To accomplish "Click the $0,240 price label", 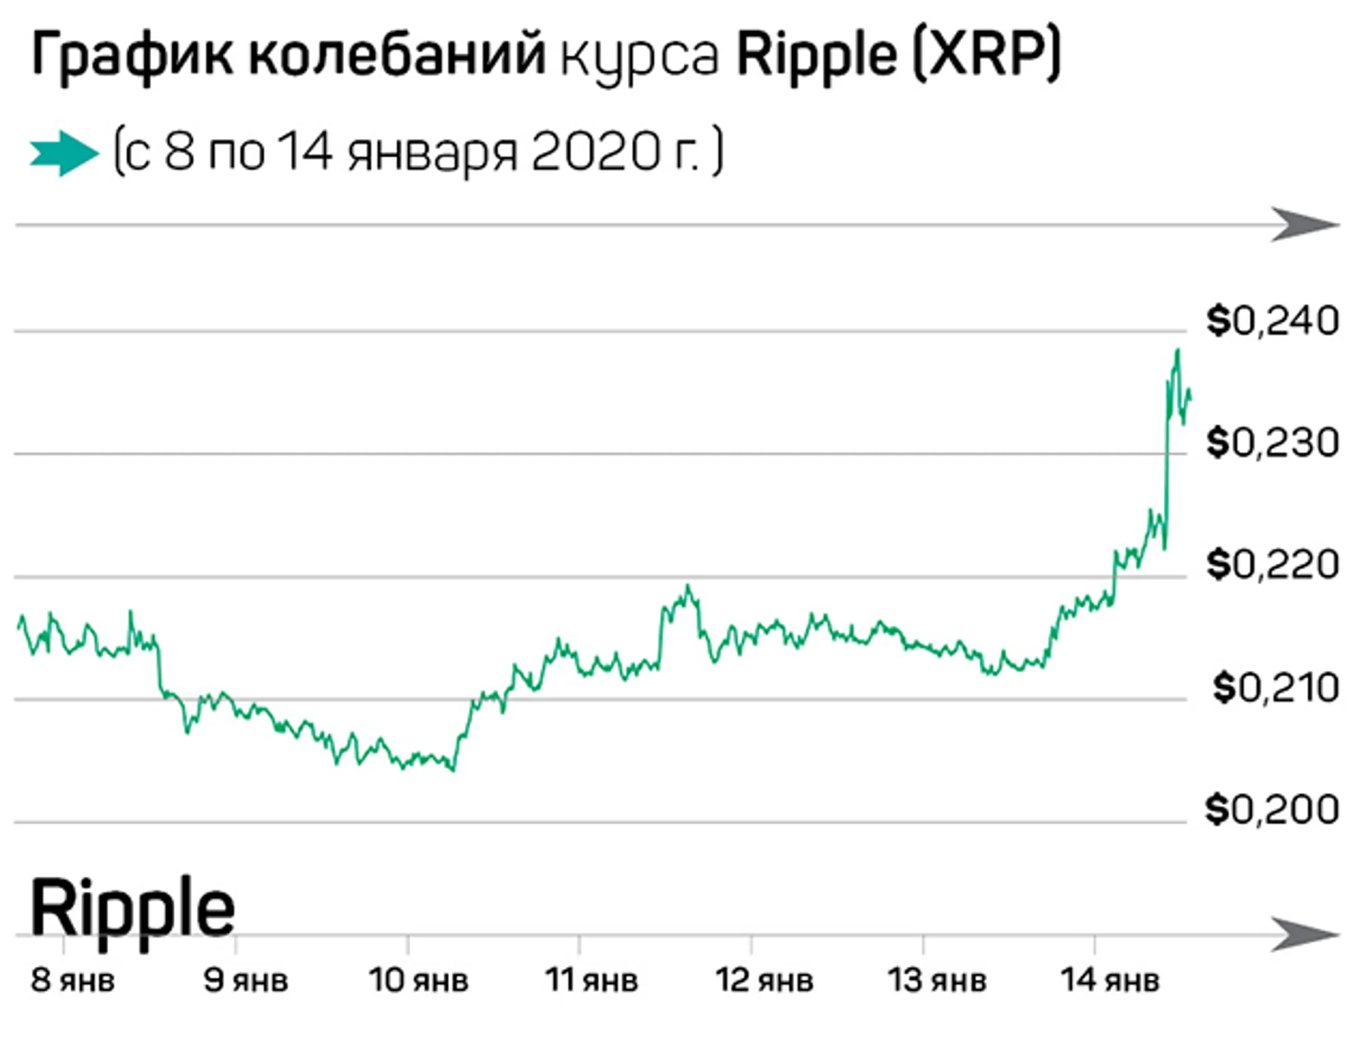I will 1272,321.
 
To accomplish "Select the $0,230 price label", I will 1272,443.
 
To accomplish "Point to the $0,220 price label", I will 1272,564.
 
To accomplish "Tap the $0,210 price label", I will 1275,687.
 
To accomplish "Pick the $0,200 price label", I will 1272,809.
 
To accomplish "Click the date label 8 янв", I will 72,980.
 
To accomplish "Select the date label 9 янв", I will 245,980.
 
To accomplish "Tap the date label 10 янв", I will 418,980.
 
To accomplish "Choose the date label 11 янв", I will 591,980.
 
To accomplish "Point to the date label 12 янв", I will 764,980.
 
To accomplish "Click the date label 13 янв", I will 937,980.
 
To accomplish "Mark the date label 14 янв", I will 1110,980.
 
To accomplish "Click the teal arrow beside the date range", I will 64,153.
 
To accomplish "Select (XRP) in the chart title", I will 986,56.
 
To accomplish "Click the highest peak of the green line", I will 1178,350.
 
